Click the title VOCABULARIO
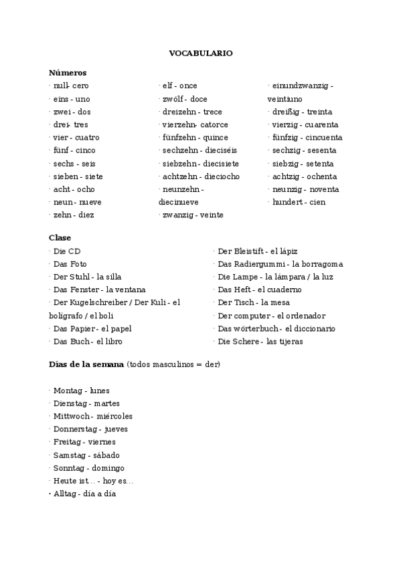click(x=201, y=53)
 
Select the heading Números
click(x=68, y=72)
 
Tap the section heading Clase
click(x=60, y=237)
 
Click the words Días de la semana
click(x=86, y=364)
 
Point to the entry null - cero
click(x=71, y=86)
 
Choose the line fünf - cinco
click(x=74, y=150)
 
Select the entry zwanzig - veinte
click(x=193, y=215)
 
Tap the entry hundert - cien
click(x=299, y=202)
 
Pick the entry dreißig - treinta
click(x=302, y=112)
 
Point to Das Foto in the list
click(x=70, y=263)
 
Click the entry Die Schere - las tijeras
click(x=260, y=341)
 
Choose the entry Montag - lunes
click(x=81, y=390)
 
